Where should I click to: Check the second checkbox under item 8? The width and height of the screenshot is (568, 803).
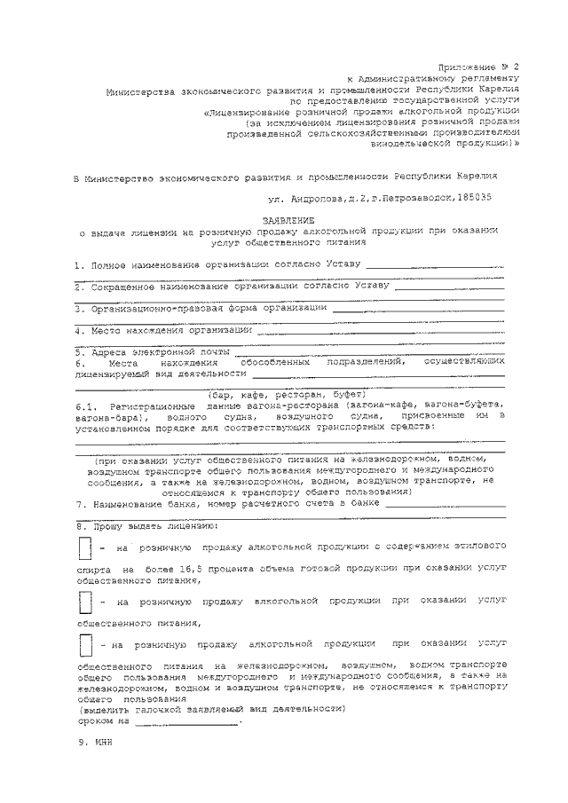coord(85,602)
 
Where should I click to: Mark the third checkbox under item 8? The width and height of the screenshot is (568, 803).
coord(85,644)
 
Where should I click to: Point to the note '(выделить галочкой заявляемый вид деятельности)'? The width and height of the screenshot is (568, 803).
coord(211,710)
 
